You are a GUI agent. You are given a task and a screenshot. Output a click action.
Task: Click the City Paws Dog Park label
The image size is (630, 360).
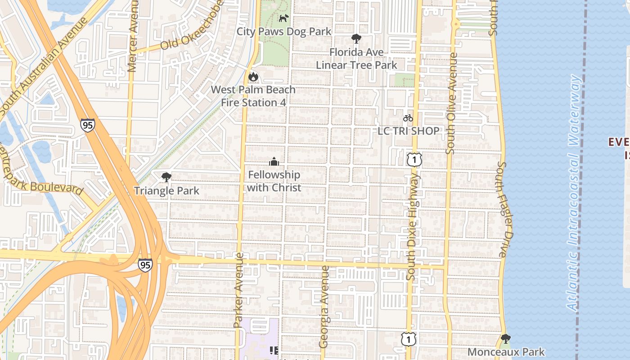coord(284,31)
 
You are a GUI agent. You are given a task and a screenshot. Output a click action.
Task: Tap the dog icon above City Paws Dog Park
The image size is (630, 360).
coord(283,18)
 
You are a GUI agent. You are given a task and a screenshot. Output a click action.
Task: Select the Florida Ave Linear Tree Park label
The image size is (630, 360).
coord(356,58)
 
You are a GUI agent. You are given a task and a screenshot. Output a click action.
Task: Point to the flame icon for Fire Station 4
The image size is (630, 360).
coord(253,77)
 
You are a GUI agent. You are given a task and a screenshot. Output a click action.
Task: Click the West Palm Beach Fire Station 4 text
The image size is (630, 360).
coord(253,96)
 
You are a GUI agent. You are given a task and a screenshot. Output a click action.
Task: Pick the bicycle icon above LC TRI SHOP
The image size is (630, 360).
coord(408,118)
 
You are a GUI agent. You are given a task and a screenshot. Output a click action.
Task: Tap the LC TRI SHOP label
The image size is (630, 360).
coord(408,131)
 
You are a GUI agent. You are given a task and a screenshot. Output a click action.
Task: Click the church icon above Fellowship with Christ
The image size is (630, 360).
coord(274,162)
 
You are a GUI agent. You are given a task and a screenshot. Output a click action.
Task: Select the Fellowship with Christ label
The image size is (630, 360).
coord(274,181)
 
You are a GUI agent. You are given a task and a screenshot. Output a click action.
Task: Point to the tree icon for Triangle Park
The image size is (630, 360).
coord(166,177)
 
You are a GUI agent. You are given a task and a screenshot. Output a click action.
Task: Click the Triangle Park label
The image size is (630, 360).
coord(166,191)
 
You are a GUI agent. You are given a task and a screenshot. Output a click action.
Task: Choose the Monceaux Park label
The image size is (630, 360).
coord(506,352)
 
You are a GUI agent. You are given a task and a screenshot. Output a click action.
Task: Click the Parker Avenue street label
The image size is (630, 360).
coord(238,290)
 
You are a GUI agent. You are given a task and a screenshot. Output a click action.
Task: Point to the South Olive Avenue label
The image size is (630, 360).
coord(451,103)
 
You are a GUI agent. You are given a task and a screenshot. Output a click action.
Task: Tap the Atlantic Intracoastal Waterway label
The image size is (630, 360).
coord(574,193)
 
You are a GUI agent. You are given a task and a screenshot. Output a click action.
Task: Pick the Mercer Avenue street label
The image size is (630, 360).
coord(132,36)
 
